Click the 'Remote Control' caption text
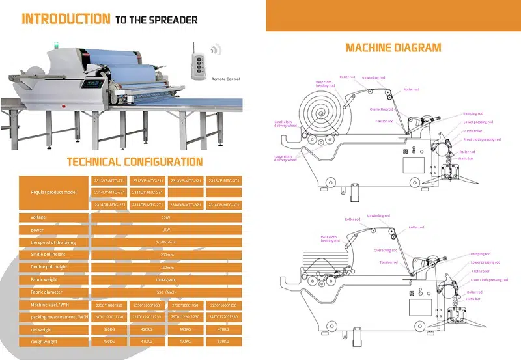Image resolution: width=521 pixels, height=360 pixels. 225,79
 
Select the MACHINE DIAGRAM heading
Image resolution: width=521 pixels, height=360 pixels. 393,48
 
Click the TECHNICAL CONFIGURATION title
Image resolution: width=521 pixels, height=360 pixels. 135,161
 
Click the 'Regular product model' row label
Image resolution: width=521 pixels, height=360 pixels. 54,193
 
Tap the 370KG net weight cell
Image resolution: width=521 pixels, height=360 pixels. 109,329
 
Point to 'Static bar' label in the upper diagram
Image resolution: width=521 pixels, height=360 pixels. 466,158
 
